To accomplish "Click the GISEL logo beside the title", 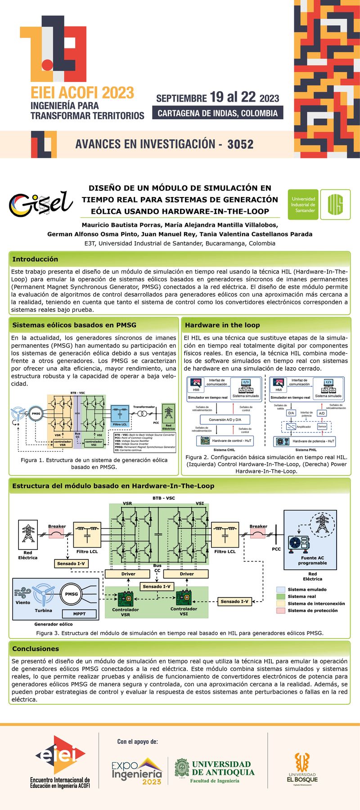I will coord(41,204).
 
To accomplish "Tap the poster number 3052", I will coord(240,144).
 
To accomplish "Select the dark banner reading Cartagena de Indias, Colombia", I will coord(218,113).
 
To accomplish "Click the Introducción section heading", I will coord(35,259).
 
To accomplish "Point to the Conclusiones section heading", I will coord(36,649).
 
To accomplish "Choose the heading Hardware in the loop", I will coord(222,325).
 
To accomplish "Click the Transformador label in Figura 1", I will coord(144,407).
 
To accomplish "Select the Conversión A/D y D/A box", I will coord(225,420).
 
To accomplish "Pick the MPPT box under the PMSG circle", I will coord(79,614).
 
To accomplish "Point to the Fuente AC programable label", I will coord(312,560).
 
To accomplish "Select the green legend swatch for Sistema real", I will coord(281,596).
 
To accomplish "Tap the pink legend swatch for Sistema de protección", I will coord(281,611).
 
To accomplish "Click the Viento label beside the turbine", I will coord(22,603).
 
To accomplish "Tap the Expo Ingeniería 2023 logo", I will coord(137,771).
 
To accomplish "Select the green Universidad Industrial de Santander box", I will coord(303,205).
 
